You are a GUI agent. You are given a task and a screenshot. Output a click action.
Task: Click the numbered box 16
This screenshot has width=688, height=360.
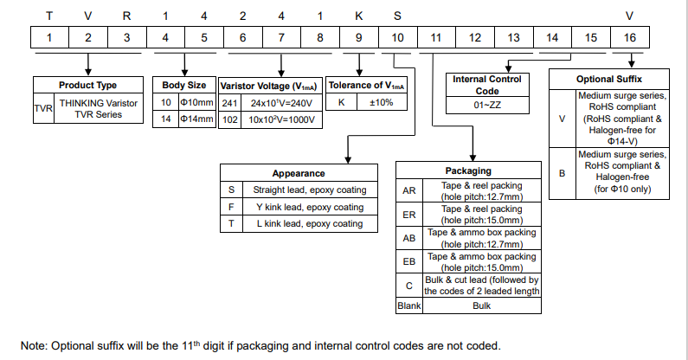pyautogui.click(x=631, y=38)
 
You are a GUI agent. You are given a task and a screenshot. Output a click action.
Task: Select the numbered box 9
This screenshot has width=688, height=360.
pyautogui.click(x=358, y=38)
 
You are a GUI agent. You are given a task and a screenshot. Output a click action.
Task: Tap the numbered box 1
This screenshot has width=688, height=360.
pyautogui.click(x=50, y=38)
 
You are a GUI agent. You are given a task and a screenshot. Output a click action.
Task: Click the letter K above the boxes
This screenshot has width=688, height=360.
pyautogui.click(x=358, y=15)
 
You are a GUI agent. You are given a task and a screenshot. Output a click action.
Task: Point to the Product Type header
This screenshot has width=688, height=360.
pyautogui.click(x=87, y=86)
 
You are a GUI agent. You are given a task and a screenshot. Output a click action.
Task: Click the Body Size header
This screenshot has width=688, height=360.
pyautogui.click(x=184, y=86)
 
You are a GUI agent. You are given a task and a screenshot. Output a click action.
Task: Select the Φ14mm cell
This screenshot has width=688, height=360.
pyautogui.click(x=196, y=119)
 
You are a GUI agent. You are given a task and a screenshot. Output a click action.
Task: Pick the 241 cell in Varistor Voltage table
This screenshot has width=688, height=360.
pyautogui.click(x=229, y=102)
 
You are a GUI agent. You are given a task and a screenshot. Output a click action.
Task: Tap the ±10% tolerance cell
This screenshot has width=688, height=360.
pyautogui.click(x=382, y=102)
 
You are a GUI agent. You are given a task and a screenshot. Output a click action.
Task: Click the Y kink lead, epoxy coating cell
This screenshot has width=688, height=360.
pyautogui.click(x=310, y=207)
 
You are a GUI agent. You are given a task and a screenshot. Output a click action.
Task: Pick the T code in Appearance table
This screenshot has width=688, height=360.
pyautogui.click(x=231, y=224)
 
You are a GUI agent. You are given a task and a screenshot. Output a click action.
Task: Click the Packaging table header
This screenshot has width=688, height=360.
pyautogui.click(x=468, y=171)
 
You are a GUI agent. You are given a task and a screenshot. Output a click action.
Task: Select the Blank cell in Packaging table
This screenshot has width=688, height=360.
pyautogui.click(x=408, y=306)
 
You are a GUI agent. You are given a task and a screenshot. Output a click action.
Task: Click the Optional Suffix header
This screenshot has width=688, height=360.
pyautogui.click(x=608, y=79)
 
